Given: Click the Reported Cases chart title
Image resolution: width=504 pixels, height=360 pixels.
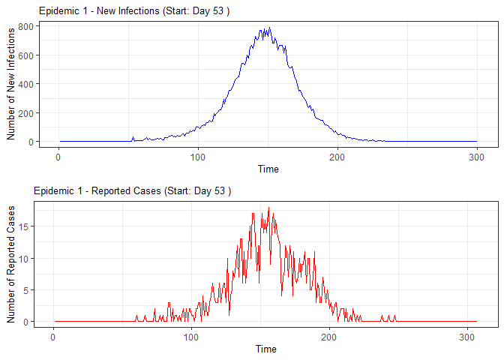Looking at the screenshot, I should click(132, 190).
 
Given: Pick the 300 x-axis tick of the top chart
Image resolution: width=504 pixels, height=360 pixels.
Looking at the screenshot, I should click(477, 155).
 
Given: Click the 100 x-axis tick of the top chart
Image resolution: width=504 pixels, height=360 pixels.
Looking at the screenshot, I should click(198, 155).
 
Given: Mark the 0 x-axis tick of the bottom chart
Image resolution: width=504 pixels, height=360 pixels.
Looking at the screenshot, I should click(52, 335).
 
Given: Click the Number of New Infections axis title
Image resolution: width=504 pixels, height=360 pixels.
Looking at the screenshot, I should click(11, 84).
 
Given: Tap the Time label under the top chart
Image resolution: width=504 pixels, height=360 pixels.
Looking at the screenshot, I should click(268, 169).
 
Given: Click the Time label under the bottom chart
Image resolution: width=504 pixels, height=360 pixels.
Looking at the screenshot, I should click(265, 349).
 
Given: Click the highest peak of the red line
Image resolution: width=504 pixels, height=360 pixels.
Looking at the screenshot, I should click(268, 208).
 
